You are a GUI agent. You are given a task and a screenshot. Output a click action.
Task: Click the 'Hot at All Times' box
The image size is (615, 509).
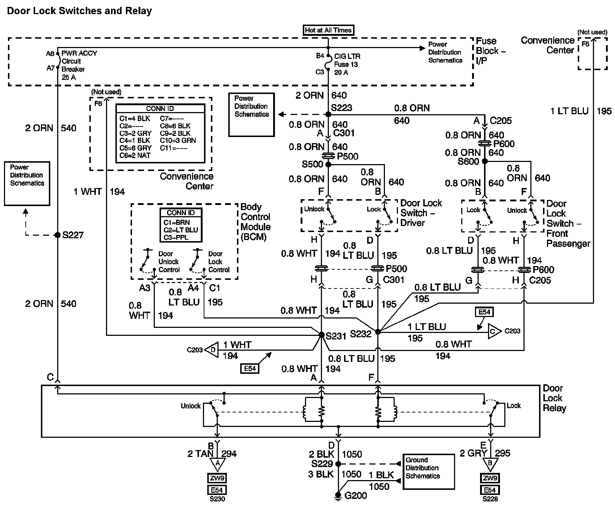pyautogui.click(x=328, y=30)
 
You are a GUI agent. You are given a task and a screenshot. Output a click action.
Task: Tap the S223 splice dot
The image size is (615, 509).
pyautogui.click(x=328, y=114)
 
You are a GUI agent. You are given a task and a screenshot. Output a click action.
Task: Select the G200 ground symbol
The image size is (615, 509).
pyautogui.click(x=338, y=496)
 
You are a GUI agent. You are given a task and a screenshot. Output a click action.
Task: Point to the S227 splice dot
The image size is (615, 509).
pyautogui.click(x=57, y=235)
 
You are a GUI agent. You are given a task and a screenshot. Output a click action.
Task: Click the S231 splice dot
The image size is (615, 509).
pyautogui.click(x=321, y=335)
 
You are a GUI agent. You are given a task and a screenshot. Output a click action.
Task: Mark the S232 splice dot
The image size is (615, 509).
pyautogui.click(x=378, y=332)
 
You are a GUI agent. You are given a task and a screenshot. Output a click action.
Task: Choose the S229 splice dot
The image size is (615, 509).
pyautogui.click(x=338, y=464)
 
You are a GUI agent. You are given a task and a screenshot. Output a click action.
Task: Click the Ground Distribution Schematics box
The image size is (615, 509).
pyautogui.click(x=428, y=472)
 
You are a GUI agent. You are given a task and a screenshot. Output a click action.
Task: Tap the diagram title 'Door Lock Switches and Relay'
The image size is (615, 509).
pyautogui.click(x=79, y=11)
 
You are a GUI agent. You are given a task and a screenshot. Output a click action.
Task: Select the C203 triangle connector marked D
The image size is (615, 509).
pyautogui.click(x=212, y=350)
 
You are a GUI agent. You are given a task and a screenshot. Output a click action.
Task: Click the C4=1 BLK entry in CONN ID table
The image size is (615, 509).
pyautogui.click(x=135, y=141)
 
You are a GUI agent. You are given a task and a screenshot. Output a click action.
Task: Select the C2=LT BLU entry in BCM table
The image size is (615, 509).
pyautogui.click(x=181, y=230)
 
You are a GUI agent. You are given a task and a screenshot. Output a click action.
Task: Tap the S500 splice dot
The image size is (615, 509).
pyautogui.click(x=328, y=164)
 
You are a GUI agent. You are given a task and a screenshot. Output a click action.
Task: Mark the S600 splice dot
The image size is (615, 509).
pyautogui.click(x=485, y=161)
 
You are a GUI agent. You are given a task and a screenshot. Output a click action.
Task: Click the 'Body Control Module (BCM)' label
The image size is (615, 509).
pyautogui.click(x=255, y=222)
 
